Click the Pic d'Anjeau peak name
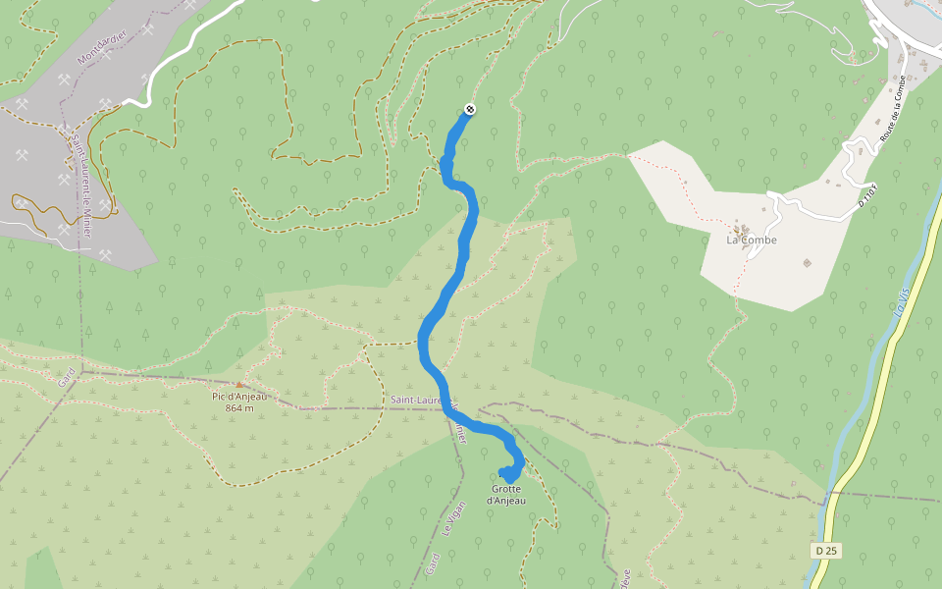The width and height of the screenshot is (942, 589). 239,397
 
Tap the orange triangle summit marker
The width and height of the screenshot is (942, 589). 238,385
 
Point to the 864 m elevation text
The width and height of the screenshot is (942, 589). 239,408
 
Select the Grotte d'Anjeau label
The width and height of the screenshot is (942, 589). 506,495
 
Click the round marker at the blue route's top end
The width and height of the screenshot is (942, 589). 470,109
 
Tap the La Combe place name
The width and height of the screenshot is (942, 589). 751,240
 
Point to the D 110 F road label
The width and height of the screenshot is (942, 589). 867,194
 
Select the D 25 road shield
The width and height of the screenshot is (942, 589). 825,551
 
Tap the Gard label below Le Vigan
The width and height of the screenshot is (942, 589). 433,564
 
